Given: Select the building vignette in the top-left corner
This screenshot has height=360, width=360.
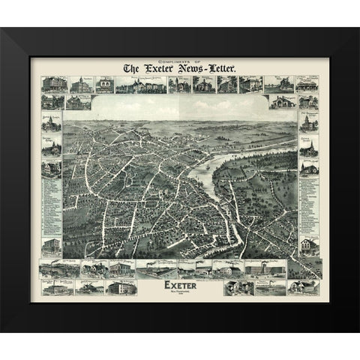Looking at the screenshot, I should pyautogui.click(x=54, y=82).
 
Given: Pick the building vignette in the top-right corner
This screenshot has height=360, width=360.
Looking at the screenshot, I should pyautogui.click(x=305, y=82).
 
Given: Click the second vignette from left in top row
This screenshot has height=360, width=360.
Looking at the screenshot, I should pyautogui.click(x=79, y=82).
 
